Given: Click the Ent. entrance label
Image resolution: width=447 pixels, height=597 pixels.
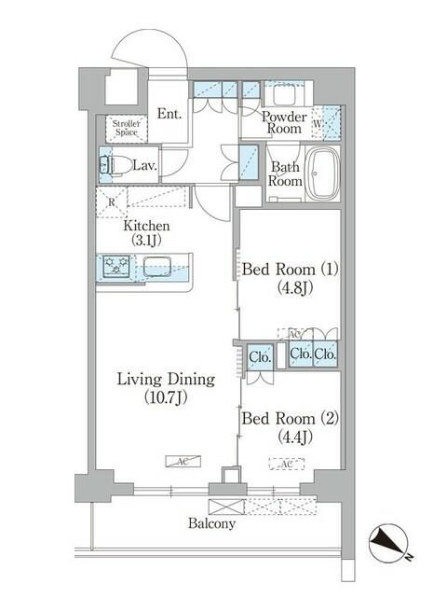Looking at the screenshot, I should pos(169,114).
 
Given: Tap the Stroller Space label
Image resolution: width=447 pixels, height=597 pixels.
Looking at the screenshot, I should pos(125,129).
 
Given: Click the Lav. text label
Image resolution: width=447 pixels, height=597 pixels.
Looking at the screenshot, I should pos(143,166).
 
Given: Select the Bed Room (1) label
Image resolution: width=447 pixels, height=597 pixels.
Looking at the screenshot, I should pos(289,279).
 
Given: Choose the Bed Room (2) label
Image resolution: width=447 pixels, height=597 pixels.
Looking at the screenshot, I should pos(289,426).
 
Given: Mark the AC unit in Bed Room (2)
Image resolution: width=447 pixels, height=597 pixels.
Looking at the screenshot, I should pos(288,464).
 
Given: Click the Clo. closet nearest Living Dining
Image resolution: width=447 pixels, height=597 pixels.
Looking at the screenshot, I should pos(260,355).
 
